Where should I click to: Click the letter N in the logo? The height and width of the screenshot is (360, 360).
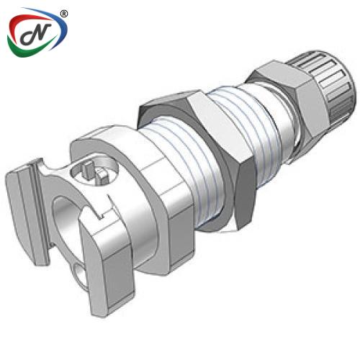[36, 35]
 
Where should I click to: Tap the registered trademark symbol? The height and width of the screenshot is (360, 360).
[63, 14]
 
